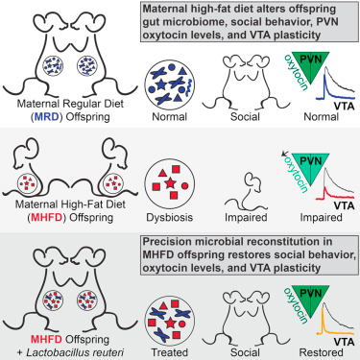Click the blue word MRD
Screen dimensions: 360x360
pyautogui.click(x=48, y=117)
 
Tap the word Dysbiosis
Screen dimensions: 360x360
pyautogui.click(x=170, y=218)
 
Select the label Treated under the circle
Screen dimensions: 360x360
pyautogui.click(x=170, y=352)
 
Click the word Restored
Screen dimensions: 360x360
pyautogui.click(x=321, y=352)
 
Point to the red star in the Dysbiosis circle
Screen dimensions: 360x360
pyautogui.click(x=170, y=183)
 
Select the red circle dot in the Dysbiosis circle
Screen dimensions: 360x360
pyautogui.click(x=184, y=185)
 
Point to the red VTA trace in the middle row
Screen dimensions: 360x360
pyautogui.click(x=334, y=195)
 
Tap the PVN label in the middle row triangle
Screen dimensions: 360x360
pyautogui.click(x=311, y=160)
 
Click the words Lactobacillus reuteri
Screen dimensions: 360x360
pyautogui.click(x=75, y=352)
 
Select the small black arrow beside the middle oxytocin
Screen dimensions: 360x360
pyautogui.click(x=284, y=155)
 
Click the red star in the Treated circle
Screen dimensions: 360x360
pyautogui.click(x=170, y=323)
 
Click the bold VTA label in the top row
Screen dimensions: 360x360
pyautogui.click(x=344, y=106)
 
